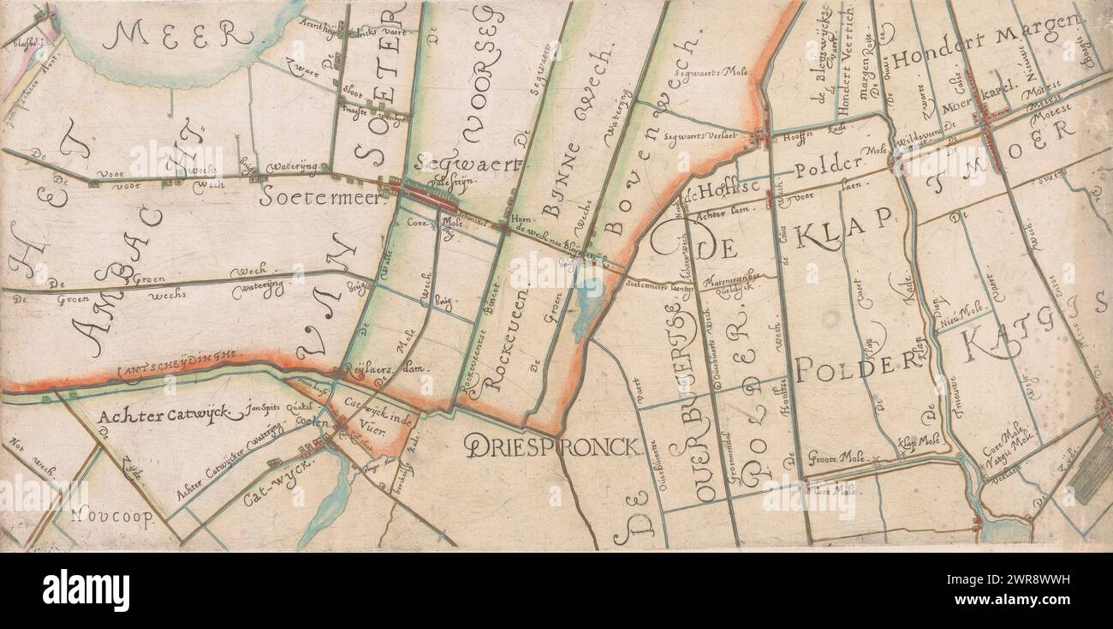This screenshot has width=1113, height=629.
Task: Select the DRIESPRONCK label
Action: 553,445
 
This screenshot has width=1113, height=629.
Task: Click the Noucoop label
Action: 110,516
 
